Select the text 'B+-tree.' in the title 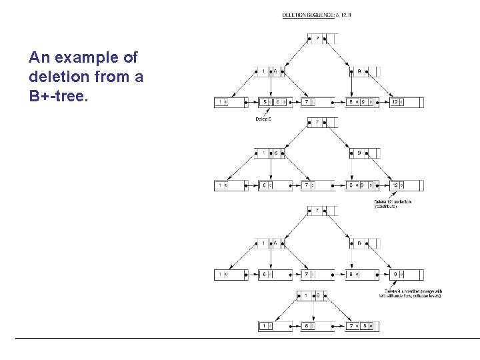tap(57, 95)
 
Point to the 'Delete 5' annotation tap(263, 119)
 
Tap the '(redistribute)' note tap(386, 207)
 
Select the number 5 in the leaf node tap(265, 102)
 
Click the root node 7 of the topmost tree tap(322, 39)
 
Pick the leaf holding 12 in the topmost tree tap(406, 102)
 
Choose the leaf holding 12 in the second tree tap(406, 185)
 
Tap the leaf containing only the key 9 tap(406, 274)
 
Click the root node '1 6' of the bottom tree tap(312, 295)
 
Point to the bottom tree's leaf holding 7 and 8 tap(363, 326)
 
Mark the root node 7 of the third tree tap(322, 211)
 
